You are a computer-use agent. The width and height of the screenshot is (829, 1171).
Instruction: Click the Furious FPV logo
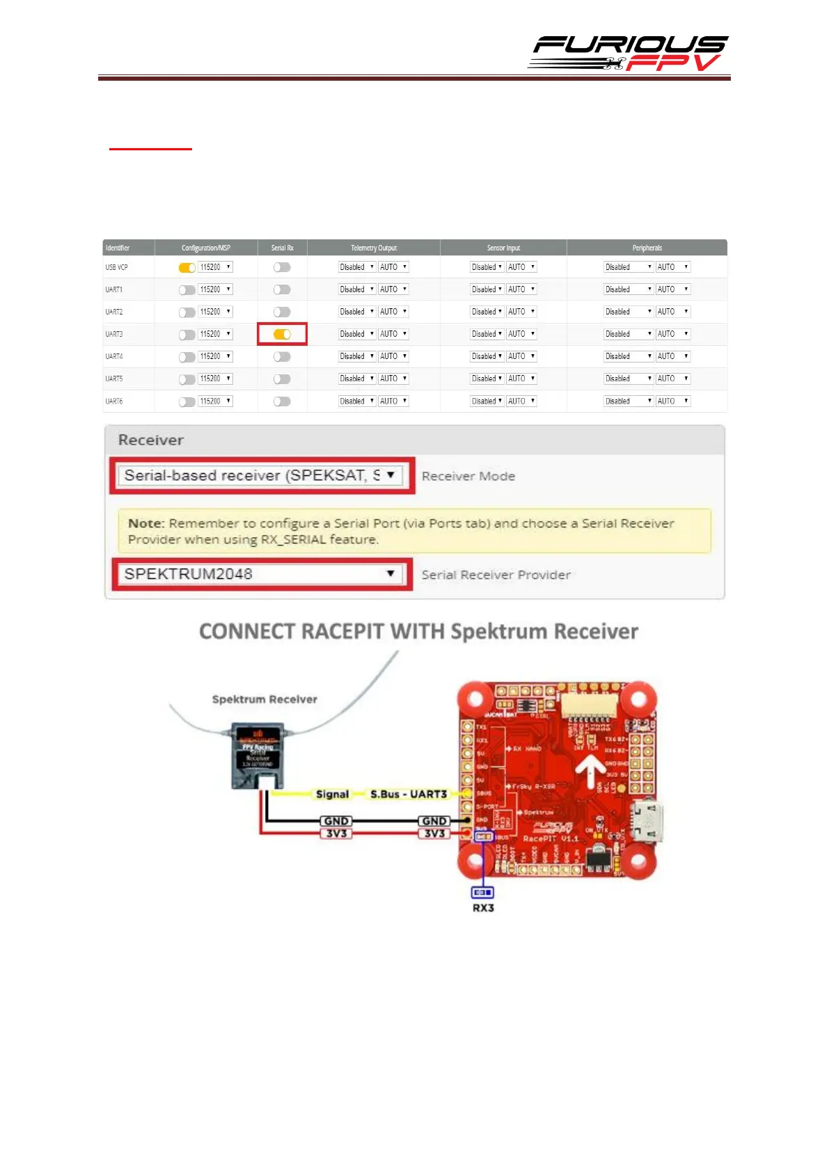tap(628, 54)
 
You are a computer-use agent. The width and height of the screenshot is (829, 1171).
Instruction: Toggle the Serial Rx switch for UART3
tap(282, 335)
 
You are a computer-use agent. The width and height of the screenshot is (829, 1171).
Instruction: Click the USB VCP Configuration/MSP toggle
tap(187, 268)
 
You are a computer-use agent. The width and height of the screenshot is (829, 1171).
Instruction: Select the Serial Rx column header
tap(282, 248)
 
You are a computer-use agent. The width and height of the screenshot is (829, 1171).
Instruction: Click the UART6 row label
tap(114, 401)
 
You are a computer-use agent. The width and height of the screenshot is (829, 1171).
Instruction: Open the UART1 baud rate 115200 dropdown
tap(216, 289)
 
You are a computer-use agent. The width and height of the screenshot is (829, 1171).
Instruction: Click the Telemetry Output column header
tap(374, 248)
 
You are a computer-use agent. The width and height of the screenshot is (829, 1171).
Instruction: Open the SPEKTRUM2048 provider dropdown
tap(261, 574)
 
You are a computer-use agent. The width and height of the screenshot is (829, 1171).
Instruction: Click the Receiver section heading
tap(151, 440)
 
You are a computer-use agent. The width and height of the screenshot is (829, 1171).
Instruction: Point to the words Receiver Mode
tap(468, 476)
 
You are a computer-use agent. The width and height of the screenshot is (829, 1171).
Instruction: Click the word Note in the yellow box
tap(145, 523)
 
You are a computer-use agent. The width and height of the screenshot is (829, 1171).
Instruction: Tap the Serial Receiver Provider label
tap(496, 575)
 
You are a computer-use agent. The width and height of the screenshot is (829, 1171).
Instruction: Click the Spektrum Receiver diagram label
tap(265, 699)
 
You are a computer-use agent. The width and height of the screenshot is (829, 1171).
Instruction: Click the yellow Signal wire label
tap(332, 794)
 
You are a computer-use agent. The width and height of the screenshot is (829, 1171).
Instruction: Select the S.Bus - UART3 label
tap(409, 794)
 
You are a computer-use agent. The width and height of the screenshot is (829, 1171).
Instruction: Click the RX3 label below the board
tap(483, 908)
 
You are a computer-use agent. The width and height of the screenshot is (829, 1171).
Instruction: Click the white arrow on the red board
tap(590, 771)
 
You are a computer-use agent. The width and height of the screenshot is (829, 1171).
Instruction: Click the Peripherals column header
tap(647, 248)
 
